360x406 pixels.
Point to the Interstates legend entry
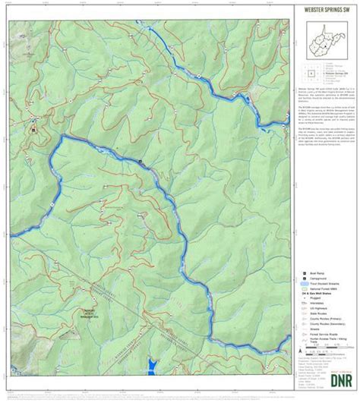pos(313,307)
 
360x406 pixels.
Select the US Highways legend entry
pos(314,313)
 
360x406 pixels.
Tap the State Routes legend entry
pos(313,318)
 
